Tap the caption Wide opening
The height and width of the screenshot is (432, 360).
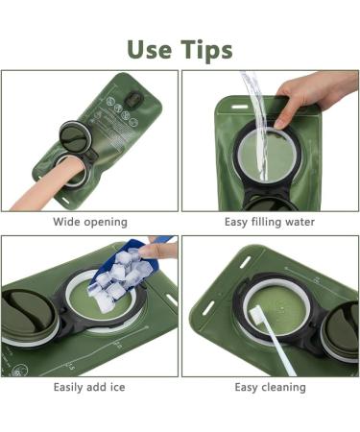tap(90, 222)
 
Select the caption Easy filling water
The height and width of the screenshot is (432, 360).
tap(270, 222)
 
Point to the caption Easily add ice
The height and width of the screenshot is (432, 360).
tap(90, 387)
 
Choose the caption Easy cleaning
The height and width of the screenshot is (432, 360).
tap(270, 387)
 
